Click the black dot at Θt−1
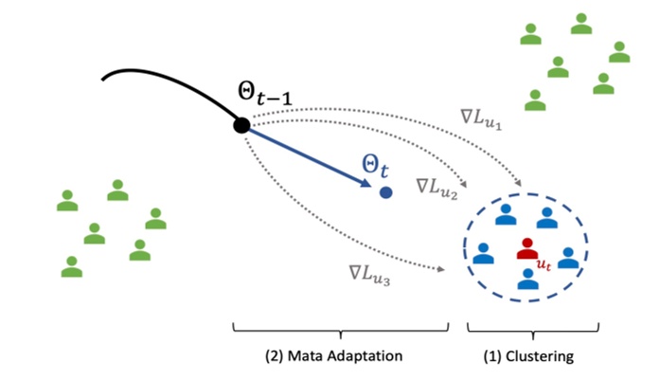241,125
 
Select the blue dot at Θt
385,192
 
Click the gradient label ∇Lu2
436,187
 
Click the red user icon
526,248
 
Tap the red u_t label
543,266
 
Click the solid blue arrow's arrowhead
367,186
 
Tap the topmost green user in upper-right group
581,23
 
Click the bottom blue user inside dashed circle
526,279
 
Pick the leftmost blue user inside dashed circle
483,253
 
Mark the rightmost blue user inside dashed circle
567,257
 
